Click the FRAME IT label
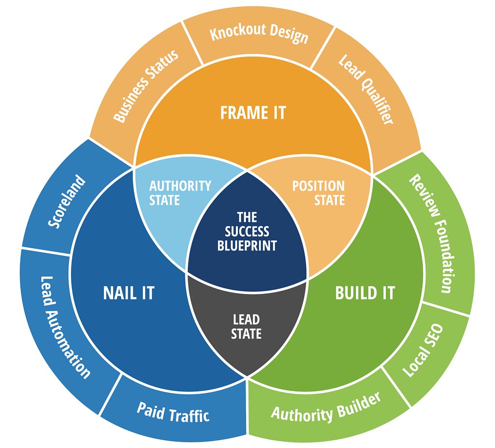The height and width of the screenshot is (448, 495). coord(253,113)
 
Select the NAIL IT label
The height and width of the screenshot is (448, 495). coord(129,293)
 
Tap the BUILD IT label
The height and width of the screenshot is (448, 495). coord(365,293)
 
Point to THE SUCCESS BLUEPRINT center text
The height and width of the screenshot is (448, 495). coord(247,231)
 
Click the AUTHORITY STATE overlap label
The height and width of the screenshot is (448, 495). coord(180,193)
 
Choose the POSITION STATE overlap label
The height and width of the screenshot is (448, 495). coord(319,193)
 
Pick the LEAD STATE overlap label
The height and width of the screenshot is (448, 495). coord(247,326)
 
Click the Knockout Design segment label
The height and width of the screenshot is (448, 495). coord(259,34)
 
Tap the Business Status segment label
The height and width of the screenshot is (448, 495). coord(146,85)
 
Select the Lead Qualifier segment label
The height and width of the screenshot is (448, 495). coord(365,89)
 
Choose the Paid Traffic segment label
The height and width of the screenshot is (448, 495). coord(173,412)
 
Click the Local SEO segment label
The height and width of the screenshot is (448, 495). coord(423,350)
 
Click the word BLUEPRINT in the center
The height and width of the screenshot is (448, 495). coord(247,245)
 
